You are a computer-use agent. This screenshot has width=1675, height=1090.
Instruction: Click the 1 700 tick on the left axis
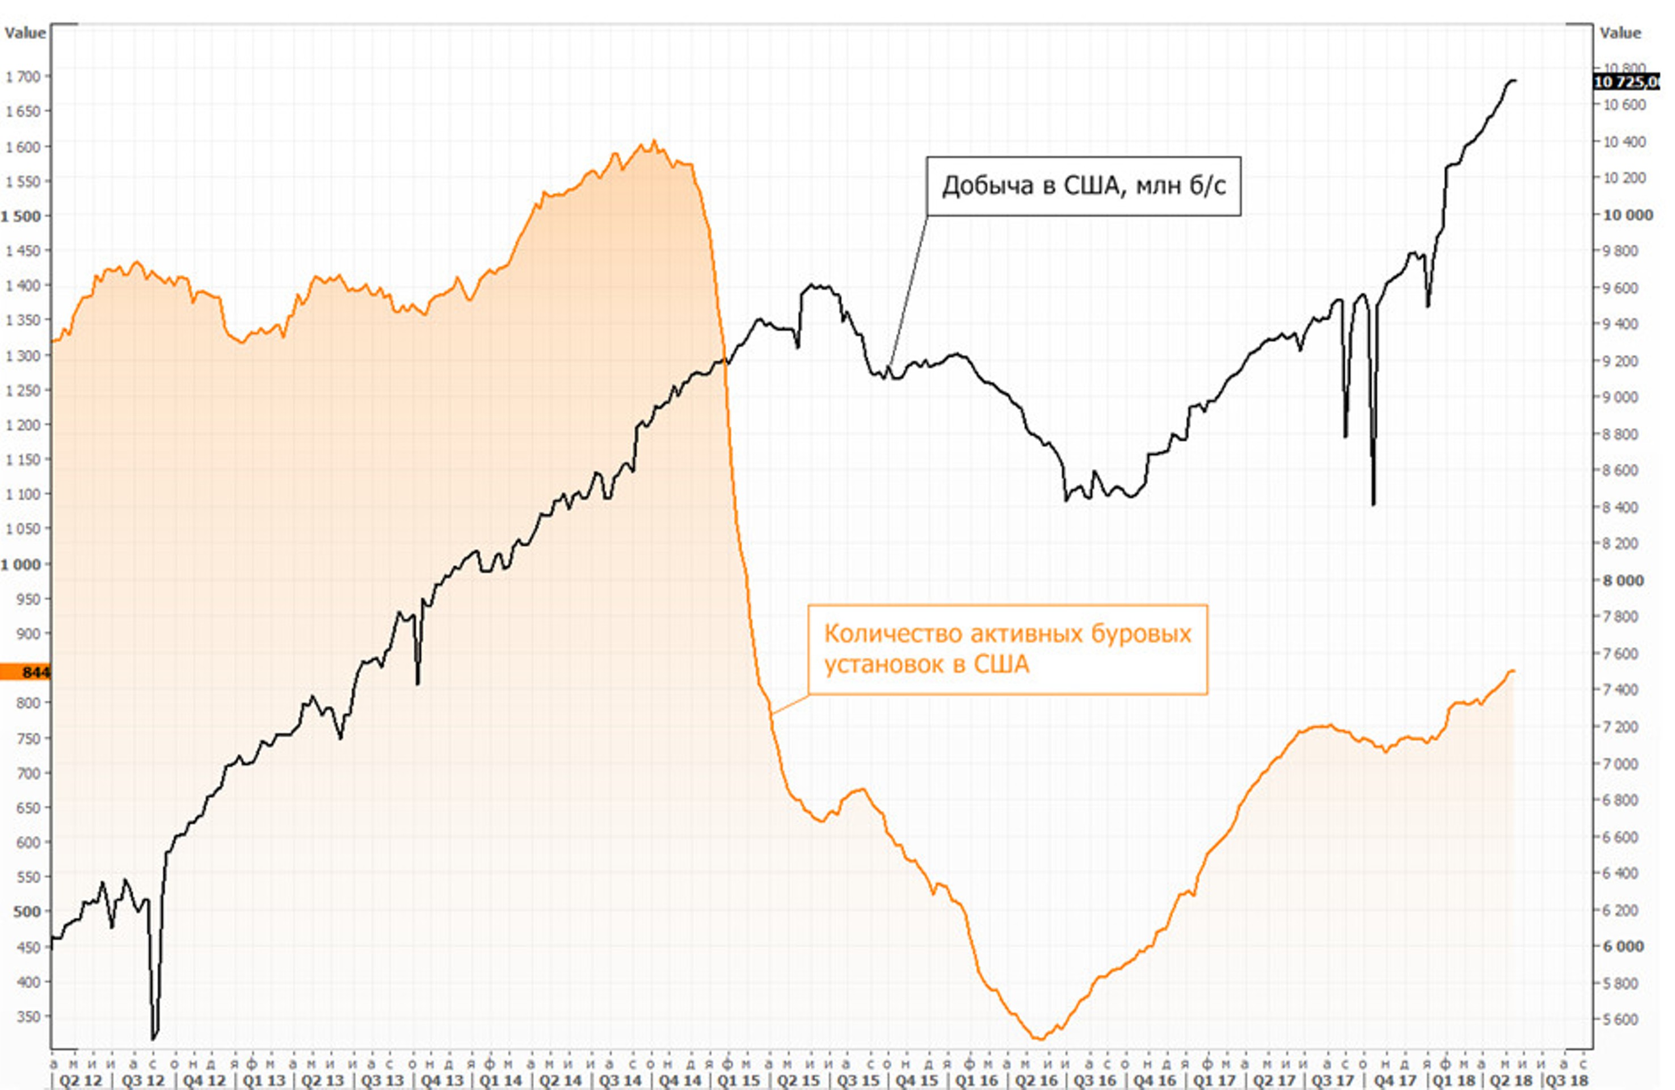click(23, 77)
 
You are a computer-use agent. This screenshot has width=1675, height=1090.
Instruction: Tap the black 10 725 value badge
click(1626, 82)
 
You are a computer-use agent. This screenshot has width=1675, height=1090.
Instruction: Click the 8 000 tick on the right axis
click(1623, 581)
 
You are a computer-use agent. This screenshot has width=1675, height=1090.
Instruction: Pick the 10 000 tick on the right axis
click(1626, 216)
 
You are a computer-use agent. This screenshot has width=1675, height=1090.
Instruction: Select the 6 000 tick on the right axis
click(1623, 947)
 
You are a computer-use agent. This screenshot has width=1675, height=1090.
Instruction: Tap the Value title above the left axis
click(24, 33)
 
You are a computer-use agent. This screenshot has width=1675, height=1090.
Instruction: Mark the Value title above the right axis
click(1620, 33)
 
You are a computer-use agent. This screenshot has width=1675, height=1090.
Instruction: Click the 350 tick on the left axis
click(28, 1017)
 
